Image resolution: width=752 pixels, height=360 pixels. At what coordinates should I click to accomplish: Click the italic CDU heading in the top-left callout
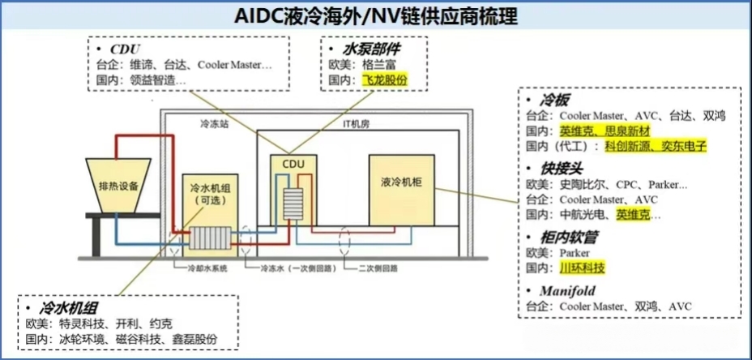[x=125, y=48]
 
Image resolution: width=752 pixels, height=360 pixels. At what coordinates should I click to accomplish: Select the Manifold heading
[x=568, y=290]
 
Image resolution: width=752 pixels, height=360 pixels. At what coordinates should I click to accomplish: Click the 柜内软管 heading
[x=566, y=237]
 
